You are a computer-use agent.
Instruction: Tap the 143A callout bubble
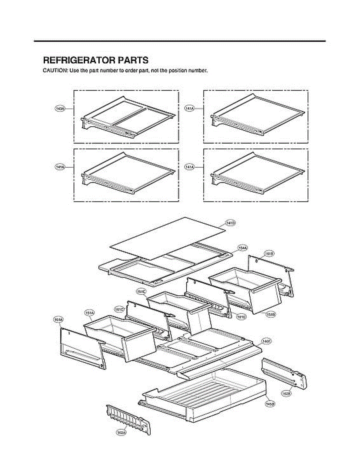click(x=59, y=109)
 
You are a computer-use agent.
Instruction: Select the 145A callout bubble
click(x=59, y=167)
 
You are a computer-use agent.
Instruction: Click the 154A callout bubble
click(x=243, y=247)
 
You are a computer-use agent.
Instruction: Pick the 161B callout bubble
click(x=269, y=254)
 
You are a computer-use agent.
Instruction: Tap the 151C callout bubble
click(x=141, y=291)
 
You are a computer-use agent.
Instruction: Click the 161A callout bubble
click(x=58, y=319)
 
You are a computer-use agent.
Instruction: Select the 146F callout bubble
click(x=266, y=341)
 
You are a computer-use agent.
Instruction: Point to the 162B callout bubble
click(x=286, y=393)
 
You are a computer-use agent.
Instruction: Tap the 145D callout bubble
click(x=270, y=404)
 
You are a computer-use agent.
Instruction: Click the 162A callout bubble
click(x=121, y=433)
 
